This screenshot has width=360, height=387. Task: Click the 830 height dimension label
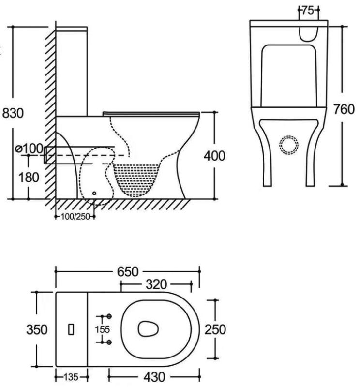tap(13, 113)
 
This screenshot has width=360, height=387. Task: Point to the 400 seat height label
tap(214, 156)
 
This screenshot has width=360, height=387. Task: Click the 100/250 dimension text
tap(75, 216)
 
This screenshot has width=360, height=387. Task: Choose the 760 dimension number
tap(344, 110)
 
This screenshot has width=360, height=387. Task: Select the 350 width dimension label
tap(36, 330)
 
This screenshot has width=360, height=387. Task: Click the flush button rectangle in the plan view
tap(72, 329)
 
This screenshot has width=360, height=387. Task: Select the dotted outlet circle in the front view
tap(290, 145)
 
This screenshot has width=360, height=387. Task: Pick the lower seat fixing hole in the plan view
tap(109, 342)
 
